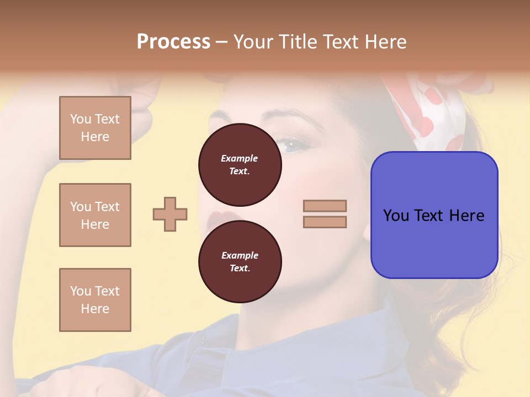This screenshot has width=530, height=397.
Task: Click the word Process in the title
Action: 173,42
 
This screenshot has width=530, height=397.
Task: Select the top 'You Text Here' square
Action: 95,128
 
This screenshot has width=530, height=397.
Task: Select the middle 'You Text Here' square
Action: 95,215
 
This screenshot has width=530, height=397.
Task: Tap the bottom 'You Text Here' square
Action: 95,300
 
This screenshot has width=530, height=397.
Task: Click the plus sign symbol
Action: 170,214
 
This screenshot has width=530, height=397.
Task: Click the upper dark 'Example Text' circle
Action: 240,164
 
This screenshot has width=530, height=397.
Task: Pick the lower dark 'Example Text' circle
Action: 240,261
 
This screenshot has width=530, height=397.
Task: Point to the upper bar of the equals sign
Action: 325,206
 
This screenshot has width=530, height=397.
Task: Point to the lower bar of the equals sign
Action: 325,222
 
